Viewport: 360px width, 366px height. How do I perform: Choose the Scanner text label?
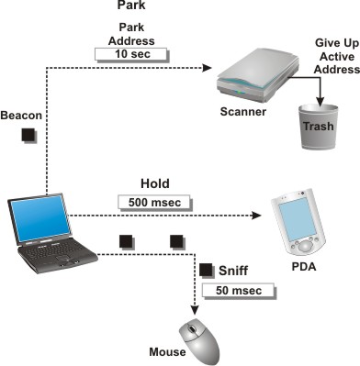tap(243, 112)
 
